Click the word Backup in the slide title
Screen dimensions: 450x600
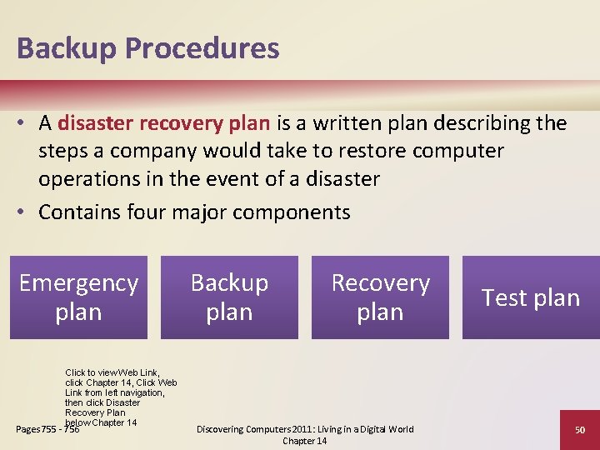click(67, 48)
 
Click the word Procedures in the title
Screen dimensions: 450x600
click(202, 48)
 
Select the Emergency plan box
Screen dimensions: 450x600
click(78, 297)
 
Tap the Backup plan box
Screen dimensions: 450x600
click(229, 297)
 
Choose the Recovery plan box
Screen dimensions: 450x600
click(380, 297)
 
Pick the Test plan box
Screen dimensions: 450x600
click(531, 297)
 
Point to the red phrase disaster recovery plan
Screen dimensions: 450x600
click(164, 123)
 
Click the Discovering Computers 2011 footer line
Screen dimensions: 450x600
click(304, 429)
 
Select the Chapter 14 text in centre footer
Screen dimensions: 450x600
click(304, 441)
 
